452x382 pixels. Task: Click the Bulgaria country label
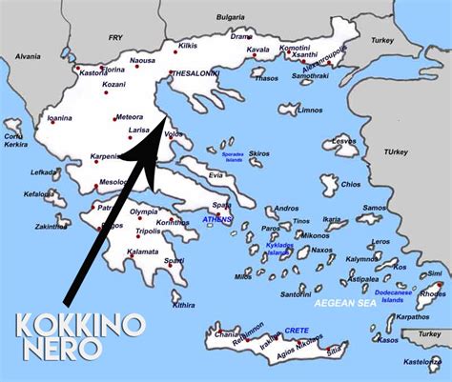[229, 17]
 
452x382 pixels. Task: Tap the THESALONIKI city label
[195, 72]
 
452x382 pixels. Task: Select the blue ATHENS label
[217, 220]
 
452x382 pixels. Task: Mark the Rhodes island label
[432, 294]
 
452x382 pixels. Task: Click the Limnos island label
[311, 111]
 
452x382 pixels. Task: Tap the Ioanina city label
[59, 119]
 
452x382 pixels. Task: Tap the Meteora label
[129, 117]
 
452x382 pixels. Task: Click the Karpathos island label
[406, 316]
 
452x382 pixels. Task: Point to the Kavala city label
[258, 50]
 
